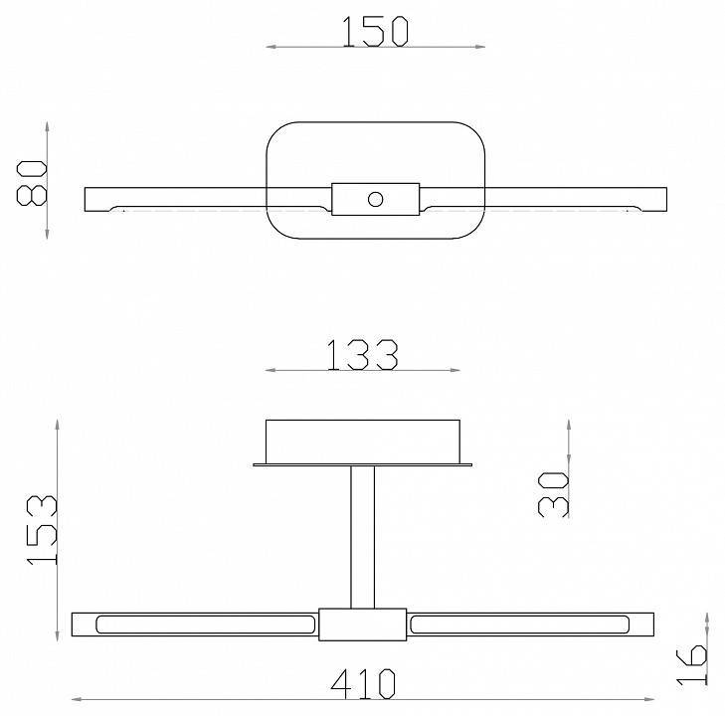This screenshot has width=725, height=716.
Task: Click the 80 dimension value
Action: [32, 181]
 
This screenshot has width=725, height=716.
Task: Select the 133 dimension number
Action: [363, 354]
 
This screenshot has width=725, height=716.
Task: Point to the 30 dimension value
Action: [553, 492]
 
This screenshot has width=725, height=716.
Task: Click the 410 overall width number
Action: [362, 683]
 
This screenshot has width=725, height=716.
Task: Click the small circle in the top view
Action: [375, 199]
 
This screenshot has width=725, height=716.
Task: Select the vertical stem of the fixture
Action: [362, 537]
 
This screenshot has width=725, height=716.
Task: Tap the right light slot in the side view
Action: [518, 626]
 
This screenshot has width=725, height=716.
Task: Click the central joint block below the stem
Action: [362, 626]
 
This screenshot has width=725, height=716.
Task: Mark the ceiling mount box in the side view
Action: [362, 441]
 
